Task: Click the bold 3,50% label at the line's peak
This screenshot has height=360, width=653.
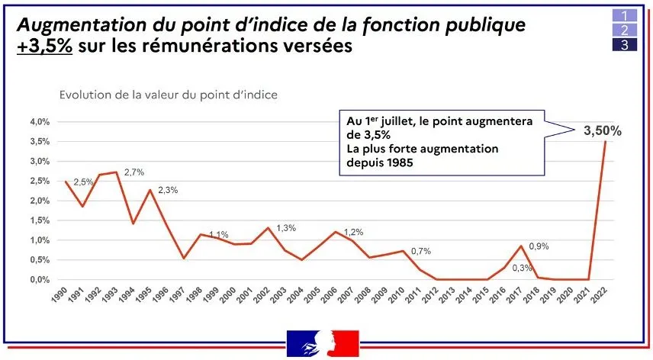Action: [602, 131]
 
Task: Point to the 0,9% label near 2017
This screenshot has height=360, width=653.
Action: [539, 246]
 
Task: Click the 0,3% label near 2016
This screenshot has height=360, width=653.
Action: [523, 267]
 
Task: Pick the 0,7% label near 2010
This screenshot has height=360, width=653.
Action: [422, 250]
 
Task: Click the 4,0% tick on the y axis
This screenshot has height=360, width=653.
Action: [40, 122]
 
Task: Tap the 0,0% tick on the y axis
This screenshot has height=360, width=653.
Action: [40, 280]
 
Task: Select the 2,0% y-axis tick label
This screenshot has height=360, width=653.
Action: [40, 201]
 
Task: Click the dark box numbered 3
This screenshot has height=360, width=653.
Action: [624, 45]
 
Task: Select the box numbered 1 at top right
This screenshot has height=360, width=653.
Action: [624, 14]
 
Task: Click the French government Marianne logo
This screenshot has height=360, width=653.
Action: [322, 344]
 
